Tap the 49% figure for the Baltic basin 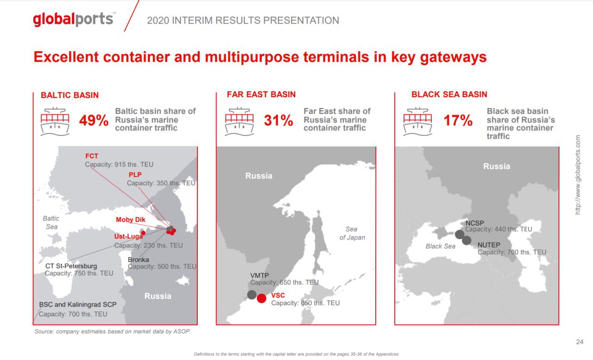(94, 120)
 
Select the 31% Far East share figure (278, 120)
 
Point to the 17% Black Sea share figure (458, 120)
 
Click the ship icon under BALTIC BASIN (55, 121)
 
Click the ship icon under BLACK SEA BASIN (417, 121)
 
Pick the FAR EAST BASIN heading (261, 95)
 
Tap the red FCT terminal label (92, 156)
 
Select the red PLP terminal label (135, 175)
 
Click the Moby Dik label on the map (131, 220)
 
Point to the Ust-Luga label (128, 236)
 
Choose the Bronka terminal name (138, 259)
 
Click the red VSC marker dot (262, 298)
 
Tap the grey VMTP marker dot (252, 295)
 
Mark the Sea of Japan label (352, 233)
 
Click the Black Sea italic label (441, 246)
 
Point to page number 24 (580, 342)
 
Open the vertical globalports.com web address (578, 175)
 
